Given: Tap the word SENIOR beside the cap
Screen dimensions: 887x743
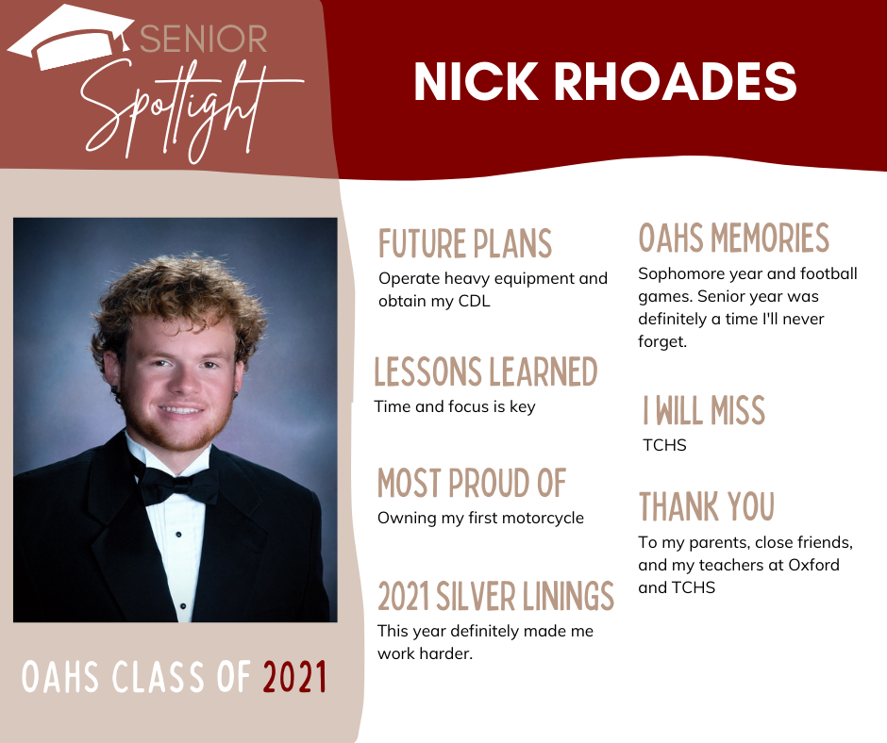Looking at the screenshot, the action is [x=204, y=39].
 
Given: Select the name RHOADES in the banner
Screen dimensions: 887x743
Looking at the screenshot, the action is [x=675, y=81].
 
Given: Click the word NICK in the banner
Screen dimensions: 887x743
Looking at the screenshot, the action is [x=476, y=81].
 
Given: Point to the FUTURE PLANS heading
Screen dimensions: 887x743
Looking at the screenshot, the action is [x=465, y=243].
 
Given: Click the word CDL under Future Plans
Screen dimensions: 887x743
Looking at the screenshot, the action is [x=474, y=301].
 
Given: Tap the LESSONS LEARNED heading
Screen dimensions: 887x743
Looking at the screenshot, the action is [x=486, y=371].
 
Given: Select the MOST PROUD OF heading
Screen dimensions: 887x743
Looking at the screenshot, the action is [x=472, y=483].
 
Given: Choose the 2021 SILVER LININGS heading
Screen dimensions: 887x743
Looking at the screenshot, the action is [x=496, y=596].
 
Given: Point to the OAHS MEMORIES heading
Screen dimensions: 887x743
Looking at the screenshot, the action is [x=734, y=238].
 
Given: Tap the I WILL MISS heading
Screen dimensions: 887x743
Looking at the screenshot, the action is [x=704, y=410].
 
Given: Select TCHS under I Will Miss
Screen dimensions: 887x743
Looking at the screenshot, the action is [x=664, y=445].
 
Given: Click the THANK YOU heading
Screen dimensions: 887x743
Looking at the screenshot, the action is [x=707, y=506].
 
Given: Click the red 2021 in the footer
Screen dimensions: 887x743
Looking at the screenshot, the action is [x=294, y=677].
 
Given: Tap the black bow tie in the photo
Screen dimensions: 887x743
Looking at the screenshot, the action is [x=176, y=484].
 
